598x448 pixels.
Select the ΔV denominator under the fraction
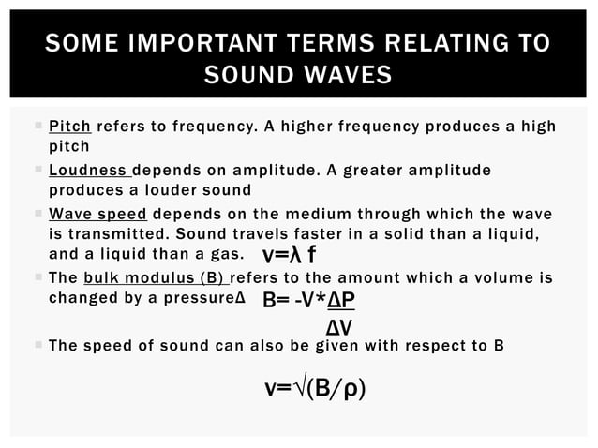click(338, 327)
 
